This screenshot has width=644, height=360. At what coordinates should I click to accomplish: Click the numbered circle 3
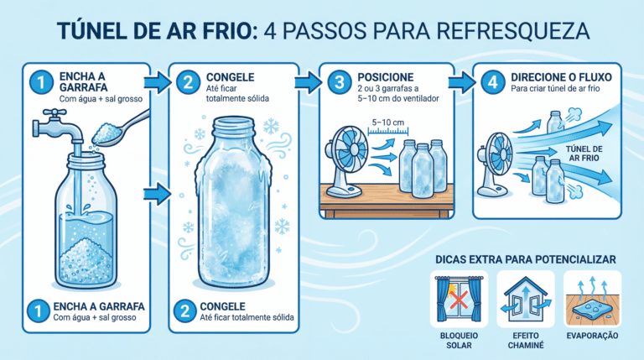tap(340, 82)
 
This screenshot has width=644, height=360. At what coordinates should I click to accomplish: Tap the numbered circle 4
tap(492, 82)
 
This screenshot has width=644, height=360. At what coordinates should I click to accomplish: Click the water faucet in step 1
tap(57, 126)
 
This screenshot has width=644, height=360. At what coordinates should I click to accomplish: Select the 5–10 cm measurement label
tap(387, 123)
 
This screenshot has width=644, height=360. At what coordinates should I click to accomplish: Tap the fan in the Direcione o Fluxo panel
tap(495, 164)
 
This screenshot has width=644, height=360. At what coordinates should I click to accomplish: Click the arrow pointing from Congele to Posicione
tap(308, 82)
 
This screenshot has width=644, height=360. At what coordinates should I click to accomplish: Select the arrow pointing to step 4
tap(462, 82)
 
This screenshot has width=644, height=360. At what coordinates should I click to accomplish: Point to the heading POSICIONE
tap(385, 77)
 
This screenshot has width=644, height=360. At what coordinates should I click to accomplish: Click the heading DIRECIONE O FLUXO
tap(561, 77)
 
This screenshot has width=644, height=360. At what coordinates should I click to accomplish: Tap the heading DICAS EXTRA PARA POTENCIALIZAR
tap(525, 260)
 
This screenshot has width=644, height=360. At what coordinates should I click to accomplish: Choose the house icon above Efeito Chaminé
tap(526, 299)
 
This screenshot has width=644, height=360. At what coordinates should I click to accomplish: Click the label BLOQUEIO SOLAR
tap(459, 340)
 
